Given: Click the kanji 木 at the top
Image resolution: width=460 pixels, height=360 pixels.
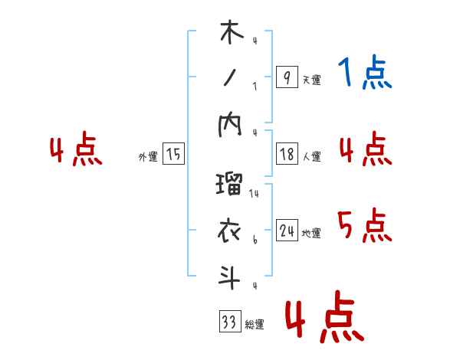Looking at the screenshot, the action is [x=230, y=35].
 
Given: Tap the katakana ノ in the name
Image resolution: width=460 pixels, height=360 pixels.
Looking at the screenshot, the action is [x=230, y=79].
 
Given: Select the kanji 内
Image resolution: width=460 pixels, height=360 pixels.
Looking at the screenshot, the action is [x=230, y=128].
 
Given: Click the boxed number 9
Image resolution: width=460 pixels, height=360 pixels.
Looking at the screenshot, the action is [x=286, y=77].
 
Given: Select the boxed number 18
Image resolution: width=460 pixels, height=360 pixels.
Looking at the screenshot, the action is [x=286, y=154].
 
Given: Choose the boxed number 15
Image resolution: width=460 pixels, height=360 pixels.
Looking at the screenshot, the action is [x=173, y=154].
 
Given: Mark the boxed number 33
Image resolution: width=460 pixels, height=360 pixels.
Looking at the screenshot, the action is [x=229, y=322].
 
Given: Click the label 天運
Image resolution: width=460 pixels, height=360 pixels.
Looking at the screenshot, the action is [x=312, y=80].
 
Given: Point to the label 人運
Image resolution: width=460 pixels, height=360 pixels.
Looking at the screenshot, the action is [x=312, y=156].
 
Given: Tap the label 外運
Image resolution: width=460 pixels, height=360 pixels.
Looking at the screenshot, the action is [x=148, y=156].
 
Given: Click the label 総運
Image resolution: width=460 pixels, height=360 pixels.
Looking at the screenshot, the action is [x=255, y=325].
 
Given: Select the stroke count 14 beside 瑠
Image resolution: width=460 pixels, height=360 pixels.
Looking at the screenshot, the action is [x=254, y=194].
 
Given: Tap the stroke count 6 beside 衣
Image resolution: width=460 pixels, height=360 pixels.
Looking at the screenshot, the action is [x=255, y=240].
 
